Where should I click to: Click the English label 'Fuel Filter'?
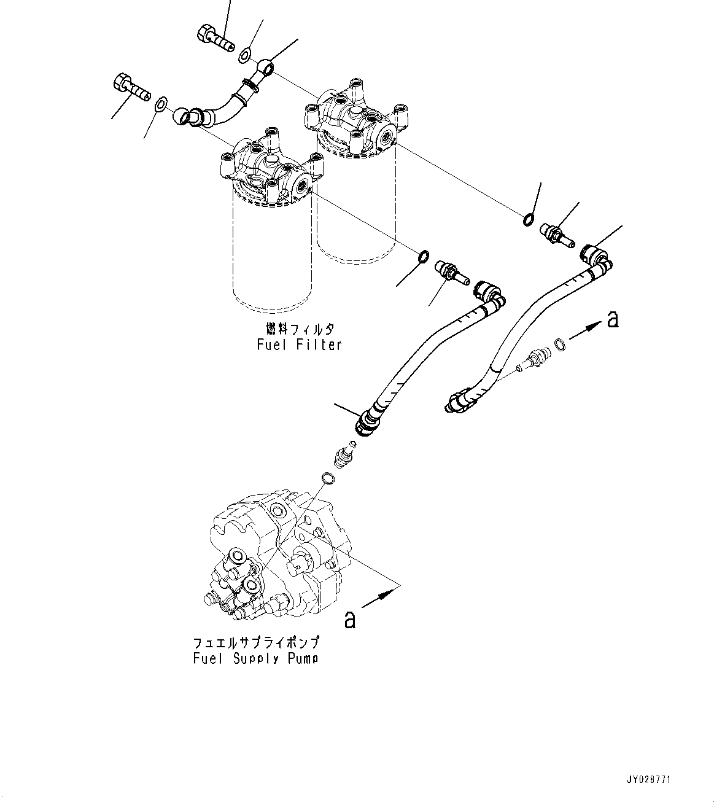pyautogui.click(x=298, y=345)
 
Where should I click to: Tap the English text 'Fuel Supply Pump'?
pyautogui.click(x=255, y=658)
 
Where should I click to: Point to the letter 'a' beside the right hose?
pyautogui.click(x=611, y=319)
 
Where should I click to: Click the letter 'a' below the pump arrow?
pyautogui.click(x=349, y=620)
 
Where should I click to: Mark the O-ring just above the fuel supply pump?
pyautogui.click(x=328, y=478)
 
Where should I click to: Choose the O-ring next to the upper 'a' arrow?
pyautogui.click(x=560, y=345)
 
